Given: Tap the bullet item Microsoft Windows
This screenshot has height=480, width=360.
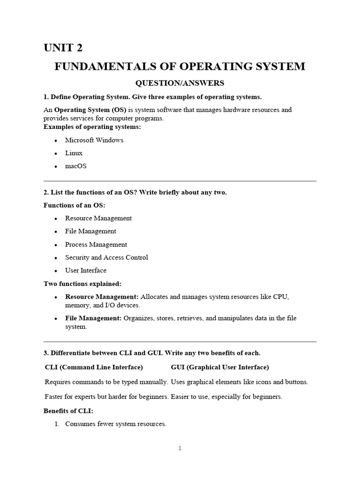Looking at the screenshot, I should [94, 140].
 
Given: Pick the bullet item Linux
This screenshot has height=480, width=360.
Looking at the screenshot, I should [74, 153].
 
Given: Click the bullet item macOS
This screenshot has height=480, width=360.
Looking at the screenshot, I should [75, 166].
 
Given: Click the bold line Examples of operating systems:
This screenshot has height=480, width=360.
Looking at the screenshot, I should [92, 127].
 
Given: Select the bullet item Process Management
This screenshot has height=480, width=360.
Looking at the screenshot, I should [96, 245].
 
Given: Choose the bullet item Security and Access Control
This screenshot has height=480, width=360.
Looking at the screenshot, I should [106, 258].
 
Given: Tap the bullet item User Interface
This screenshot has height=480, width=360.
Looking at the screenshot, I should [86, 271].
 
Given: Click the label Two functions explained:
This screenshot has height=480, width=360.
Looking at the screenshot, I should [82, 284].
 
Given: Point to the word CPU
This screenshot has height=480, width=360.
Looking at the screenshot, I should [281, 297].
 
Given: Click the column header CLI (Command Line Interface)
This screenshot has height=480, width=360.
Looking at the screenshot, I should [94, 367].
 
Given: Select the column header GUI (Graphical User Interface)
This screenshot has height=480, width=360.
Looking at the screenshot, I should [220, 367].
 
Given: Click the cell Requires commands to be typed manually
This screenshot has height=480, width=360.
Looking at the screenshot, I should [106, 382].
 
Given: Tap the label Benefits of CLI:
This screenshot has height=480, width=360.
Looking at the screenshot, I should [68, 411].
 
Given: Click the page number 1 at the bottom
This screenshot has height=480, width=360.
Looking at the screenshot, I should [180, 449].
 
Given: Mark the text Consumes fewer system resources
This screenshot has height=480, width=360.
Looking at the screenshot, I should [116, 424].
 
